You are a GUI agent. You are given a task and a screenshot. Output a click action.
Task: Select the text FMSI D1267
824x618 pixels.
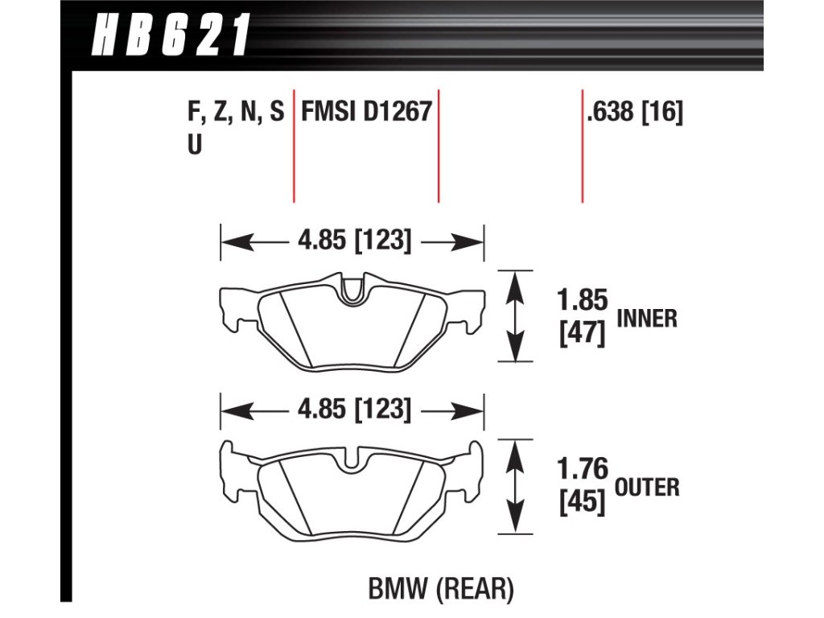[x=366, y=112]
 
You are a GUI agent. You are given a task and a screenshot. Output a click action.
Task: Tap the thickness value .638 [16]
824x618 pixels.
[x=635, y=112]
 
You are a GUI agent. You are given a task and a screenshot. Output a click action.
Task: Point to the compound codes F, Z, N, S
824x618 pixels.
[x=236, y=113]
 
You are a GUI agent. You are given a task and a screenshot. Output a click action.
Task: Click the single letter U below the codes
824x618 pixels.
[x=194, y=146]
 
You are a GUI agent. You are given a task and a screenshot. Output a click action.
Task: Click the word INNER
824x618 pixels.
[x=646, y=319]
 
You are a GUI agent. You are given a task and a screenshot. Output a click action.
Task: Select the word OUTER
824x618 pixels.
[x=648, y=487]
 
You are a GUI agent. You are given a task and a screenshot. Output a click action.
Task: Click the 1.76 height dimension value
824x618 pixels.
[x=581, y=469]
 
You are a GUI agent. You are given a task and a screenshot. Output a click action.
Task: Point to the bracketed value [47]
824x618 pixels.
[x=581, y=332]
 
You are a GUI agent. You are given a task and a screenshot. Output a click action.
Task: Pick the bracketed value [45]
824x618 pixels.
[x=581, y=502]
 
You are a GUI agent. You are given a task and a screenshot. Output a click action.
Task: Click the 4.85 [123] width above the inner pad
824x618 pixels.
[x=355, y=241]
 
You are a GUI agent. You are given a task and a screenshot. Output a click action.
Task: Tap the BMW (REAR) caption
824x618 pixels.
[x=440, y=591]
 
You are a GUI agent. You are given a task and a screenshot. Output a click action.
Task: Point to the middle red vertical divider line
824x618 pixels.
[x=439, y=145]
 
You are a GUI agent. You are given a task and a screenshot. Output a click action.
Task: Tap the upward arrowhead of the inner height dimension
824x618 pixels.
[x=516, y=282]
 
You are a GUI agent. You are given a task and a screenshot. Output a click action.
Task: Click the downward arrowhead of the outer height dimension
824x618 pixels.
[x=516, y=523]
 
